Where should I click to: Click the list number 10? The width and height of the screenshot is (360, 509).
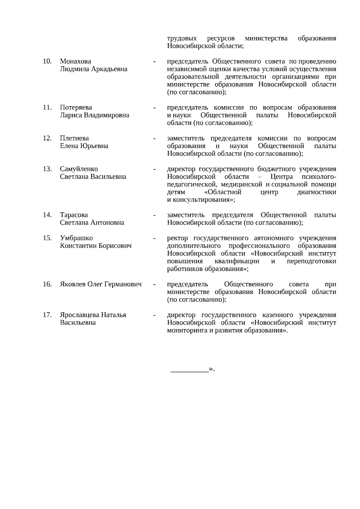47,61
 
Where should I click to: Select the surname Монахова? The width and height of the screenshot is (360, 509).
75,61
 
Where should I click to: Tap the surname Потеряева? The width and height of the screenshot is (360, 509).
76,107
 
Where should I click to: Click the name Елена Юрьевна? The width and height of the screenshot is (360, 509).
84,146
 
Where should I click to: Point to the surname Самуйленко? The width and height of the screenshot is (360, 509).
79,169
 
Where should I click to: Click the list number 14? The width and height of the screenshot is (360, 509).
47,215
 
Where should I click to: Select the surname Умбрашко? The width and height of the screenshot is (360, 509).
76,238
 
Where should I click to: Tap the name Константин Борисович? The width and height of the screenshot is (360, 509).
96,246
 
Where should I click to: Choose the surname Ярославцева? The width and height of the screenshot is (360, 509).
79,315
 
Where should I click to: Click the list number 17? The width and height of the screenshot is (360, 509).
47,315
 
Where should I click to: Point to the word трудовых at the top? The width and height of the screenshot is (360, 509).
182,38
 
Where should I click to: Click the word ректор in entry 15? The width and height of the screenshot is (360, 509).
177,238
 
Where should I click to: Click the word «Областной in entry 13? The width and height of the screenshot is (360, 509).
221,192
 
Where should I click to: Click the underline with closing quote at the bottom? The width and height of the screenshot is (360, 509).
192,370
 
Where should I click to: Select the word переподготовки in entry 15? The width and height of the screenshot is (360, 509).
311,261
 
